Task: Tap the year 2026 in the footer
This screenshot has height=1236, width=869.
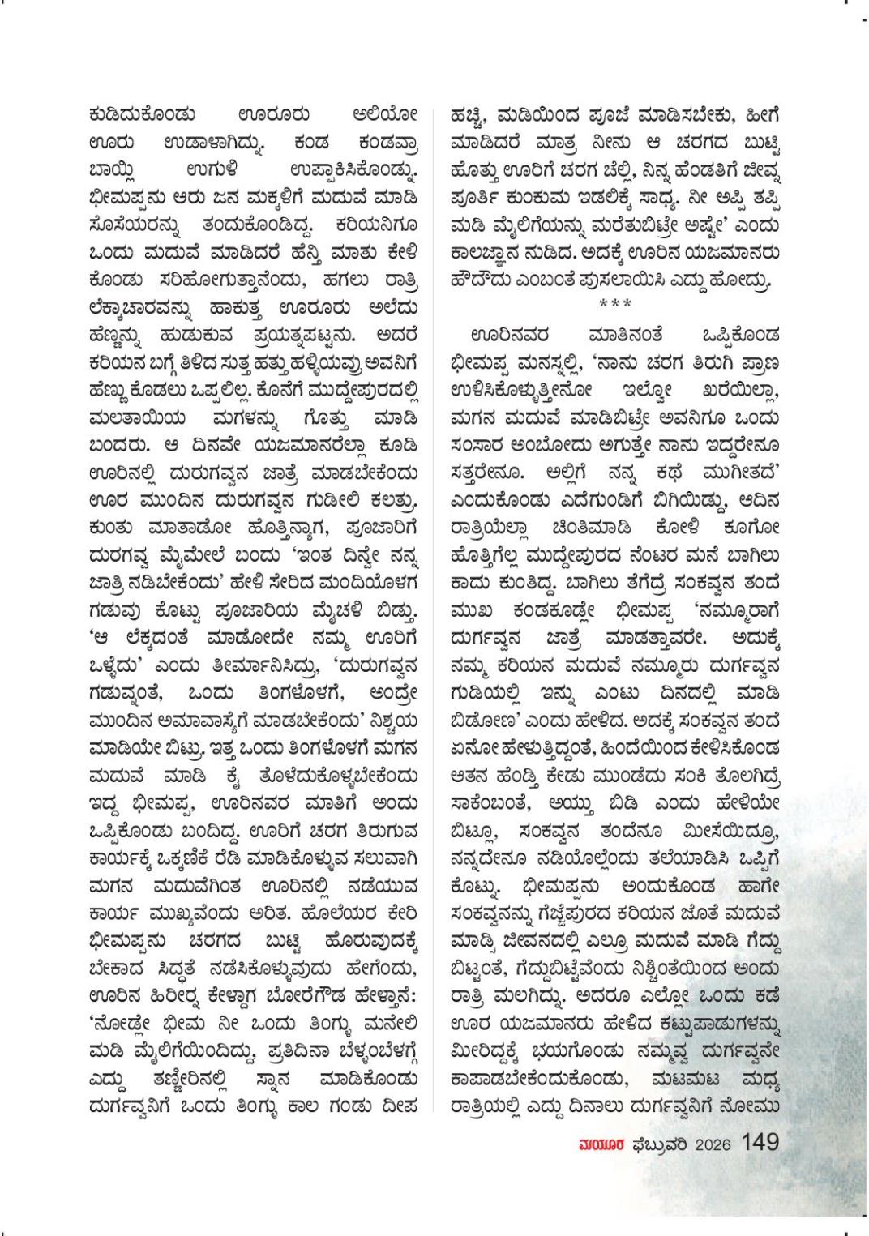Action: (x=712, y=1144)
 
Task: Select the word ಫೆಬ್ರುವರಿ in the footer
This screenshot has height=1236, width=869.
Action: (x=659, y=1144)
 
